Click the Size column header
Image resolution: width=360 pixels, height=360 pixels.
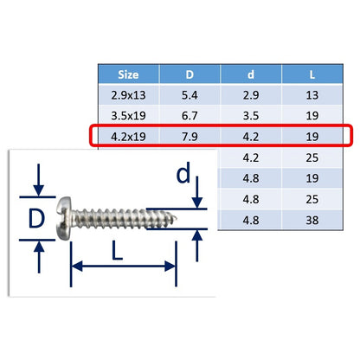128,74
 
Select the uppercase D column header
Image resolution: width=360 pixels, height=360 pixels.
190,74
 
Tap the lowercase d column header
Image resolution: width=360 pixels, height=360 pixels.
251,74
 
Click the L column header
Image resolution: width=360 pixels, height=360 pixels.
312,74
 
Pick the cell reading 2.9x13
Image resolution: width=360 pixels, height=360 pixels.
128,95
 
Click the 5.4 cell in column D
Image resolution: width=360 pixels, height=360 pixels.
190,95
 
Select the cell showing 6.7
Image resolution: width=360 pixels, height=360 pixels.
190,116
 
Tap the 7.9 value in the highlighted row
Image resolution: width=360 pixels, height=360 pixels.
190,137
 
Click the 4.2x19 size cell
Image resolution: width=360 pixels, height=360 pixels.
128,137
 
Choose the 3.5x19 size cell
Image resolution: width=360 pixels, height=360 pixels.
128,116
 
